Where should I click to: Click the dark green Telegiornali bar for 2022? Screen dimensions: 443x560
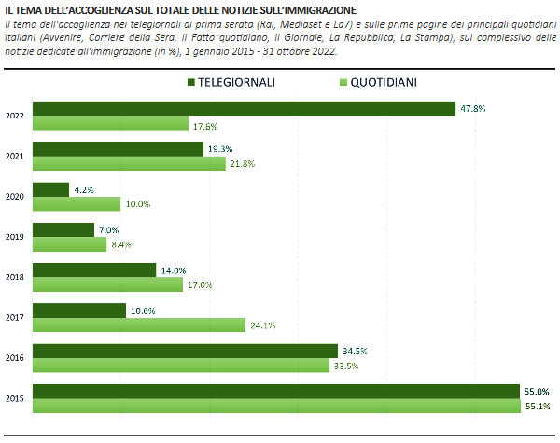point(244,109)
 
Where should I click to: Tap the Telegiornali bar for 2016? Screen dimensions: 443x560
point(185,351)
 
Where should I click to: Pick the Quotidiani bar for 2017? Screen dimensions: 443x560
point(139,325)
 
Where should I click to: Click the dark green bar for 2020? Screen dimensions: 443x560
point(50,189)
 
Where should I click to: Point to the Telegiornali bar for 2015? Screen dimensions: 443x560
point(275,391)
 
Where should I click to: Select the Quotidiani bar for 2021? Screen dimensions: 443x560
point(129,164)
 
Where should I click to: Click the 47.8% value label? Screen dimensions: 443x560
point(472,109)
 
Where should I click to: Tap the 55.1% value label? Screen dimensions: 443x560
point(538,406)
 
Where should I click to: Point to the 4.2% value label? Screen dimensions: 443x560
point(85,189)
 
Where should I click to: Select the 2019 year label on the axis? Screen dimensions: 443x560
point(15,237)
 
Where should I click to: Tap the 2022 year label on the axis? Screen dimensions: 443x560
point(15,117)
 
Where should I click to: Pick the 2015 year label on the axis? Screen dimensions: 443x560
point(15,398)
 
